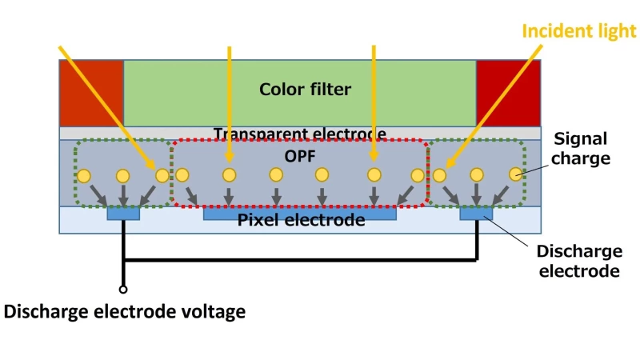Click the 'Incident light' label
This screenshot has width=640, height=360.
[579, 30]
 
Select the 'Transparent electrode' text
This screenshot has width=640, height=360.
[300, 134]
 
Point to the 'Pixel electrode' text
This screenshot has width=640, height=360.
[301, 219]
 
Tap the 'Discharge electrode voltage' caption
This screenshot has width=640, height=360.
[125, 311]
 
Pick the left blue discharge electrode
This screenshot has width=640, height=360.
[123, 214]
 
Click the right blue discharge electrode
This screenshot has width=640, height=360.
[476, 214]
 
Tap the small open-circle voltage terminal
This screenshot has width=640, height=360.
[123, 290]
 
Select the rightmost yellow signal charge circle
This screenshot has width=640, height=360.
[516, 173]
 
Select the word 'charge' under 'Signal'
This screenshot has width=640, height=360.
[583, 158]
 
